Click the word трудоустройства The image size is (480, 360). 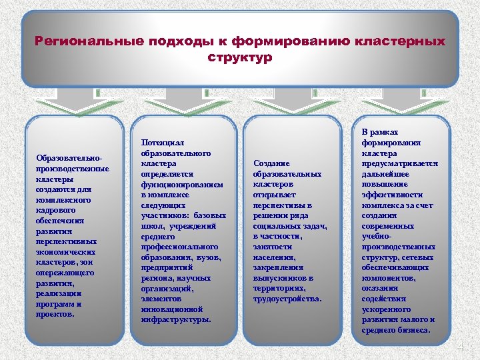[287, 299]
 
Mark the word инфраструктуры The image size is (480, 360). [176, 319]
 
